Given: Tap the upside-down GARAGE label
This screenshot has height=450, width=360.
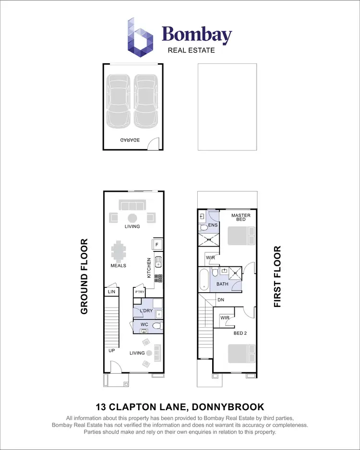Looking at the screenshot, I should (x=130, y=140).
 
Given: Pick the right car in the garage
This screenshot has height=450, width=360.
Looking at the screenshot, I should (x=144, y=101).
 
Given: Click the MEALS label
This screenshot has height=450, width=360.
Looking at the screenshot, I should (x=118, y=265).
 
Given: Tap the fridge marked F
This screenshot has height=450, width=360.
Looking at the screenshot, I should (x=157, y=245).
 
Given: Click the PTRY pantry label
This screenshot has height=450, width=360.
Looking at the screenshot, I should (x=140, y=292).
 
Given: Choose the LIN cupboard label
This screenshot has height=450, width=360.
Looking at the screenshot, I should (x=111, y=292).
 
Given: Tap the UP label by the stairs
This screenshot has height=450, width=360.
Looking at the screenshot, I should (x=111, y=351).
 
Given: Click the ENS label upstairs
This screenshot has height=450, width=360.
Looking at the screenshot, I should (x=213, y=225).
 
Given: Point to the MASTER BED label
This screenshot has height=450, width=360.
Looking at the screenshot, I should (x=240, y=218).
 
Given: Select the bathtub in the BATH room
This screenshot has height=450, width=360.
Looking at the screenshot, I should (x=204, y=279).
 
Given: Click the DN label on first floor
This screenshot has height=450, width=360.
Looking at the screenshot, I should (x=221, y=300).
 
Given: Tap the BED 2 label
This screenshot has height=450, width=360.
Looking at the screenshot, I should (x=240, y=333).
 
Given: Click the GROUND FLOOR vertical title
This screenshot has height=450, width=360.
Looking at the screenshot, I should (x=84, y=276).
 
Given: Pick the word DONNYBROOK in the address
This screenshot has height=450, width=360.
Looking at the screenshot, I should (x=228, y=407).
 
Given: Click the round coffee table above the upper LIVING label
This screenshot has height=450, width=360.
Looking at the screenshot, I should (x=132, y=217).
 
